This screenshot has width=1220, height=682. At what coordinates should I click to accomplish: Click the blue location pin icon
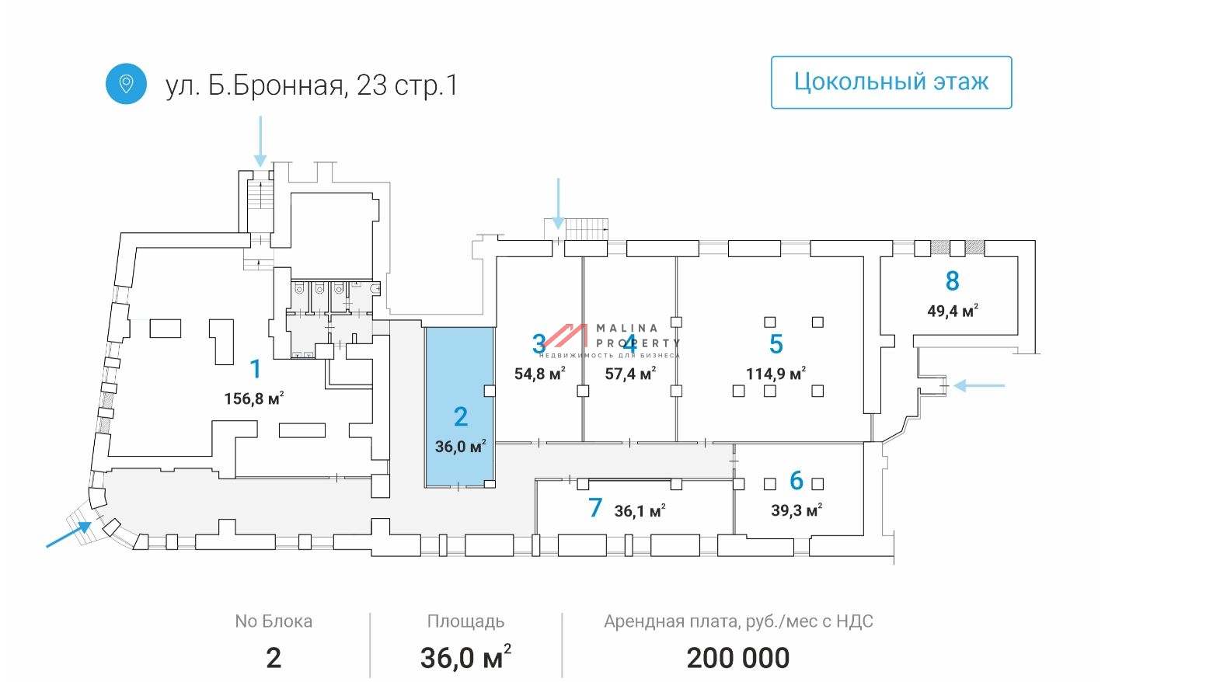[x=126, y=84]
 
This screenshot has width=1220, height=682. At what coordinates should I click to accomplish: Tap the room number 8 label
[x=952, y=281]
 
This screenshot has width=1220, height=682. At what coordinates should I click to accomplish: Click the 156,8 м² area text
[x=253, y=398]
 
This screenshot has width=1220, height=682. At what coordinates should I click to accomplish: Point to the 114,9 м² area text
[x=775, y=374]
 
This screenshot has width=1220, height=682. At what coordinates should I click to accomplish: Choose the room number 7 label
[x=595, y=508]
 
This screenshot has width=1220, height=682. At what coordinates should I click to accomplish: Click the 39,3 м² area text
[x=796, y=510]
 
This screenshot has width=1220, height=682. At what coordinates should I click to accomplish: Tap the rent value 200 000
[x=737, y=658]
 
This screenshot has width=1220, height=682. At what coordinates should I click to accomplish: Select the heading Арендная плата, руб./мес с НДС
[x=737, y=621]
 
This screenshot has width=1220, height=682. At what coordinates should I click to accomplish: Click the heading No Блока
[x=274, y=621]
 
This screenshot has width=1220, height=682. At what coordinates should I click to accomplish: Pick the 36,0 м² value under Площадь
[x=465, y=658]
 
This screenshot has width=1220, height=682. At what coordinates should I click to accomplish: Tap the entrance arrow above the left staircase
[x=260, y=141]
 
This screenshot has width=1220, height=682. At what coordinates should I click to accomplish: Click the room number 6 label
[x=796, y=481]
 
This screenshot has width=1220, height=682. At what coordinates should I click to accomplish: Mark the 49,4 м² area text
[x=952, y=311]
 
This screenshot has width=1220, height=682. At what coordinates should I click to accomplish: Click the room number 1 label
[x=255, y=369]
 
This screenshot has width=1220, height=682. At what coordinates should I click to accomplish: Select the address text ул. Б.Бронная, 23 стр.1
[x=312, y=85]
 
